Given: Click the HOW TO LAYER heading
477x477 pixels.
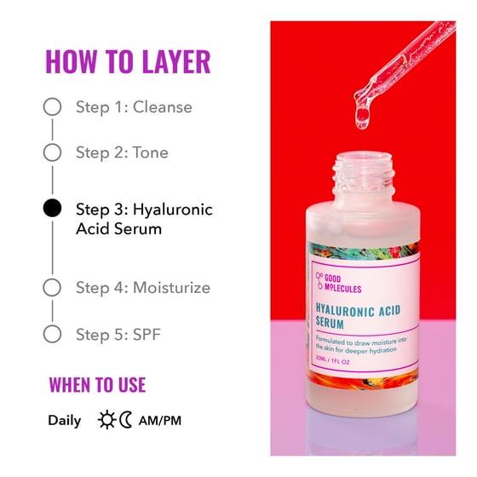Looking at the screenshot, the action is tap(128, 61).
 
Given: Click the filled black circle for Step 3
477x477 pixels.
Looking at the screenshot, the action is tap(52, 208).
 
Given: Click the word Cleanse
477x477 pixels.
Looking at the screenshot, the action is tap(163, 107).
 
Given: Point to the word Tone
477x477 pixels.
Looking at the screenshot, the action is tap(151, 152).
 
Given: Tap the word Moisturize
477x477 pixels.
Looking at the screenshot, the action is tap(171, 288).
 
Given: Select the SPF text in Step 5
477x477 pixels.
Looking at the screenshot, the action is tap(147, 334).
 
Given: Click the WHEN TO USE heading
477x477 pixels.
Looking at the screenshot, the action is tap(97, 385).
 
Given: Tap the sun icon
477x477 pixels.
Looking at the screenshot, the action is tap(106, 420).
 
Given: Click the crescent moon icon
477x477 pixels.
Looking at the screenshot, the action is tap(125, 420).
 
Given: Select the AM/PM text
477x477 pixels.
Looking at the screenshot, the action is tap(160, 421).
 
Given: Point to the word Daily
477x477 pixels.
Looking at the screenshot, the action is tap(65, 422).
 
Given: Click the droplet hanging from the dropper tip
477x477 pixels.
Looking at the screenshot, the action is tap(363, 118).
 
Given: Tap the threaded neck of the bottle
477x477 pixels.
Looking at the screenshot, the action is tap(364, 175).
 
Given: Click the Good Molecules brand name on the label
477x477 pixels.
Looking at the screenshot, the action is tap(342, 283).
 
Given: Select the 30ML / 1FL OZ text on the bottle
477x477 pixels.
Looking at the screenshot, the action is tap(332, 360).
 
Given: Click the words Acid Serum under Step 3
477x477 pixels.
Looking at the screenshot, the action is tap(119, 229).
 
